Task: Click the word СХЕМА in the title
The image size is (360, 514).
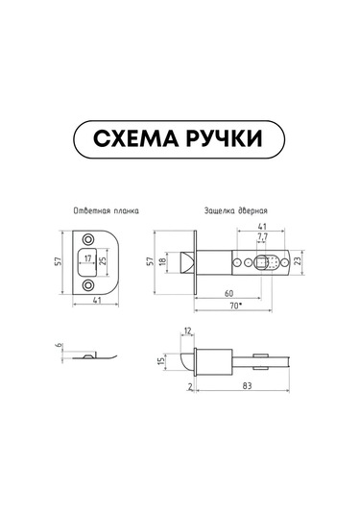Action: click(x=136, y=138)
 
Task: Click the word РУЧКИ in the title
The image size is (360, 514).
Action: click(x=225, y=138)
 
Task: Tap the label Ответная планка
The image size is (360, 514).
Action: click(x=106, y=210)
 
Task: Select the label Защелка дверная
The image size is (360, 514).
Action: click(x=236, y=210)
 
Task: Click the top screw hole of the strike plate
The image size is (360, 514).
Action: click(x=87, y=239)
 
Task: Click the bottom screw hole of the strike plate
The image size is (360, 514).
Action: click(x=87, y=285)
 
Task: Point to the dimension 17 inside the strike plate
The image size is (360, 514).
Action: click(x=87, y=258)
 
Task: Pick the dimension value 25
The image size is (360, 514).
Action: click(x=103, y=261)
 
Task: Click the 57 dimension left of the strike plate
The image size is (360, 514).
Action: click(x=59, y=261)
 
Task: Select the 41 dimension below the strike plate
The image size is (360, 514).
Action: click(x=97, y=300)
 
